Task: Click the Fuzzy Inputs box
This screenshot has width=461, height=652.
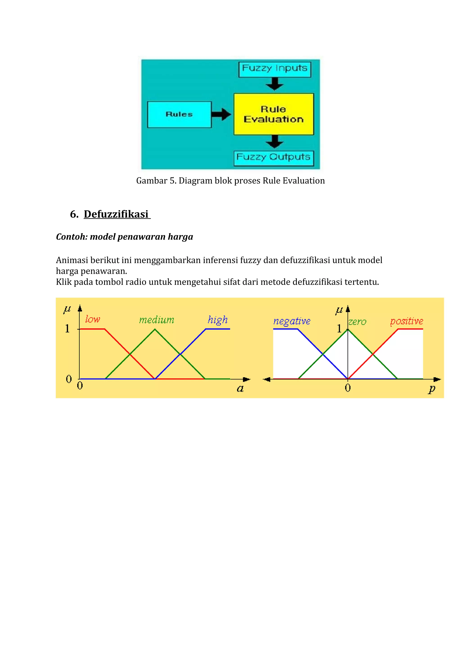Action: click(x=275, y=69)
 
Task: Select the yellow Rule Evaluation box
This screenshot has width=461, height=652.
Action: click(x=273, y=114)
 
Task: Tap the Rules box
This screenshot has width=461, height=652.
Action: click(x=179, y=115)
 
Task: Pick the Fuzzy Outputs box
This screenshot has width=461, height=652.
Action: click(x=273, y=158)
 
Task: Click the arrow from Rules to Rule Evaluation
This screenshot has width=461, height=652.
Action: click(x=221, y=115)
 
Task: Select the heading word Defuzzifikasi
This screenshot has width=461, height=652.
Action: click(x=116, y=214)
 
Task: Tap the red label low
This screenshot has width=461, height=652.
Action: click(x=93, y=319)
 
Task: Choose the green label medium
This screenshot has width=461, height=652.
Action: click(x=156, y=320)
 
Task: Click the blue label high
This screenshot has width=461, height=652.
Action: click(x=218, y=320)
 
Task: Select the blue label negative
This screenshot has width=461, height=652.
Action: click(x=292, y=321)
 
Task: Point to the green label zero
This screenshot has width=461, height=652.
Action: click(x=358, y=322)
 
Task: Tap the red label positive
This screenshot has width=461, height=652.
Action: click(x=407, y=321)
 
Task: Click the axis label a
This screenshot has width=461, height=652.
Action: click(x=240, y=389)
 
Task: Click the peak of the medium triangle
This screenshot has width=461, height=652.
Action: click(x=155, y=329)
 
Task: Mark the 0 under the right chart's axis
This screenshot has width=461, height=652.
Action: click(x=348, y=388)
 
